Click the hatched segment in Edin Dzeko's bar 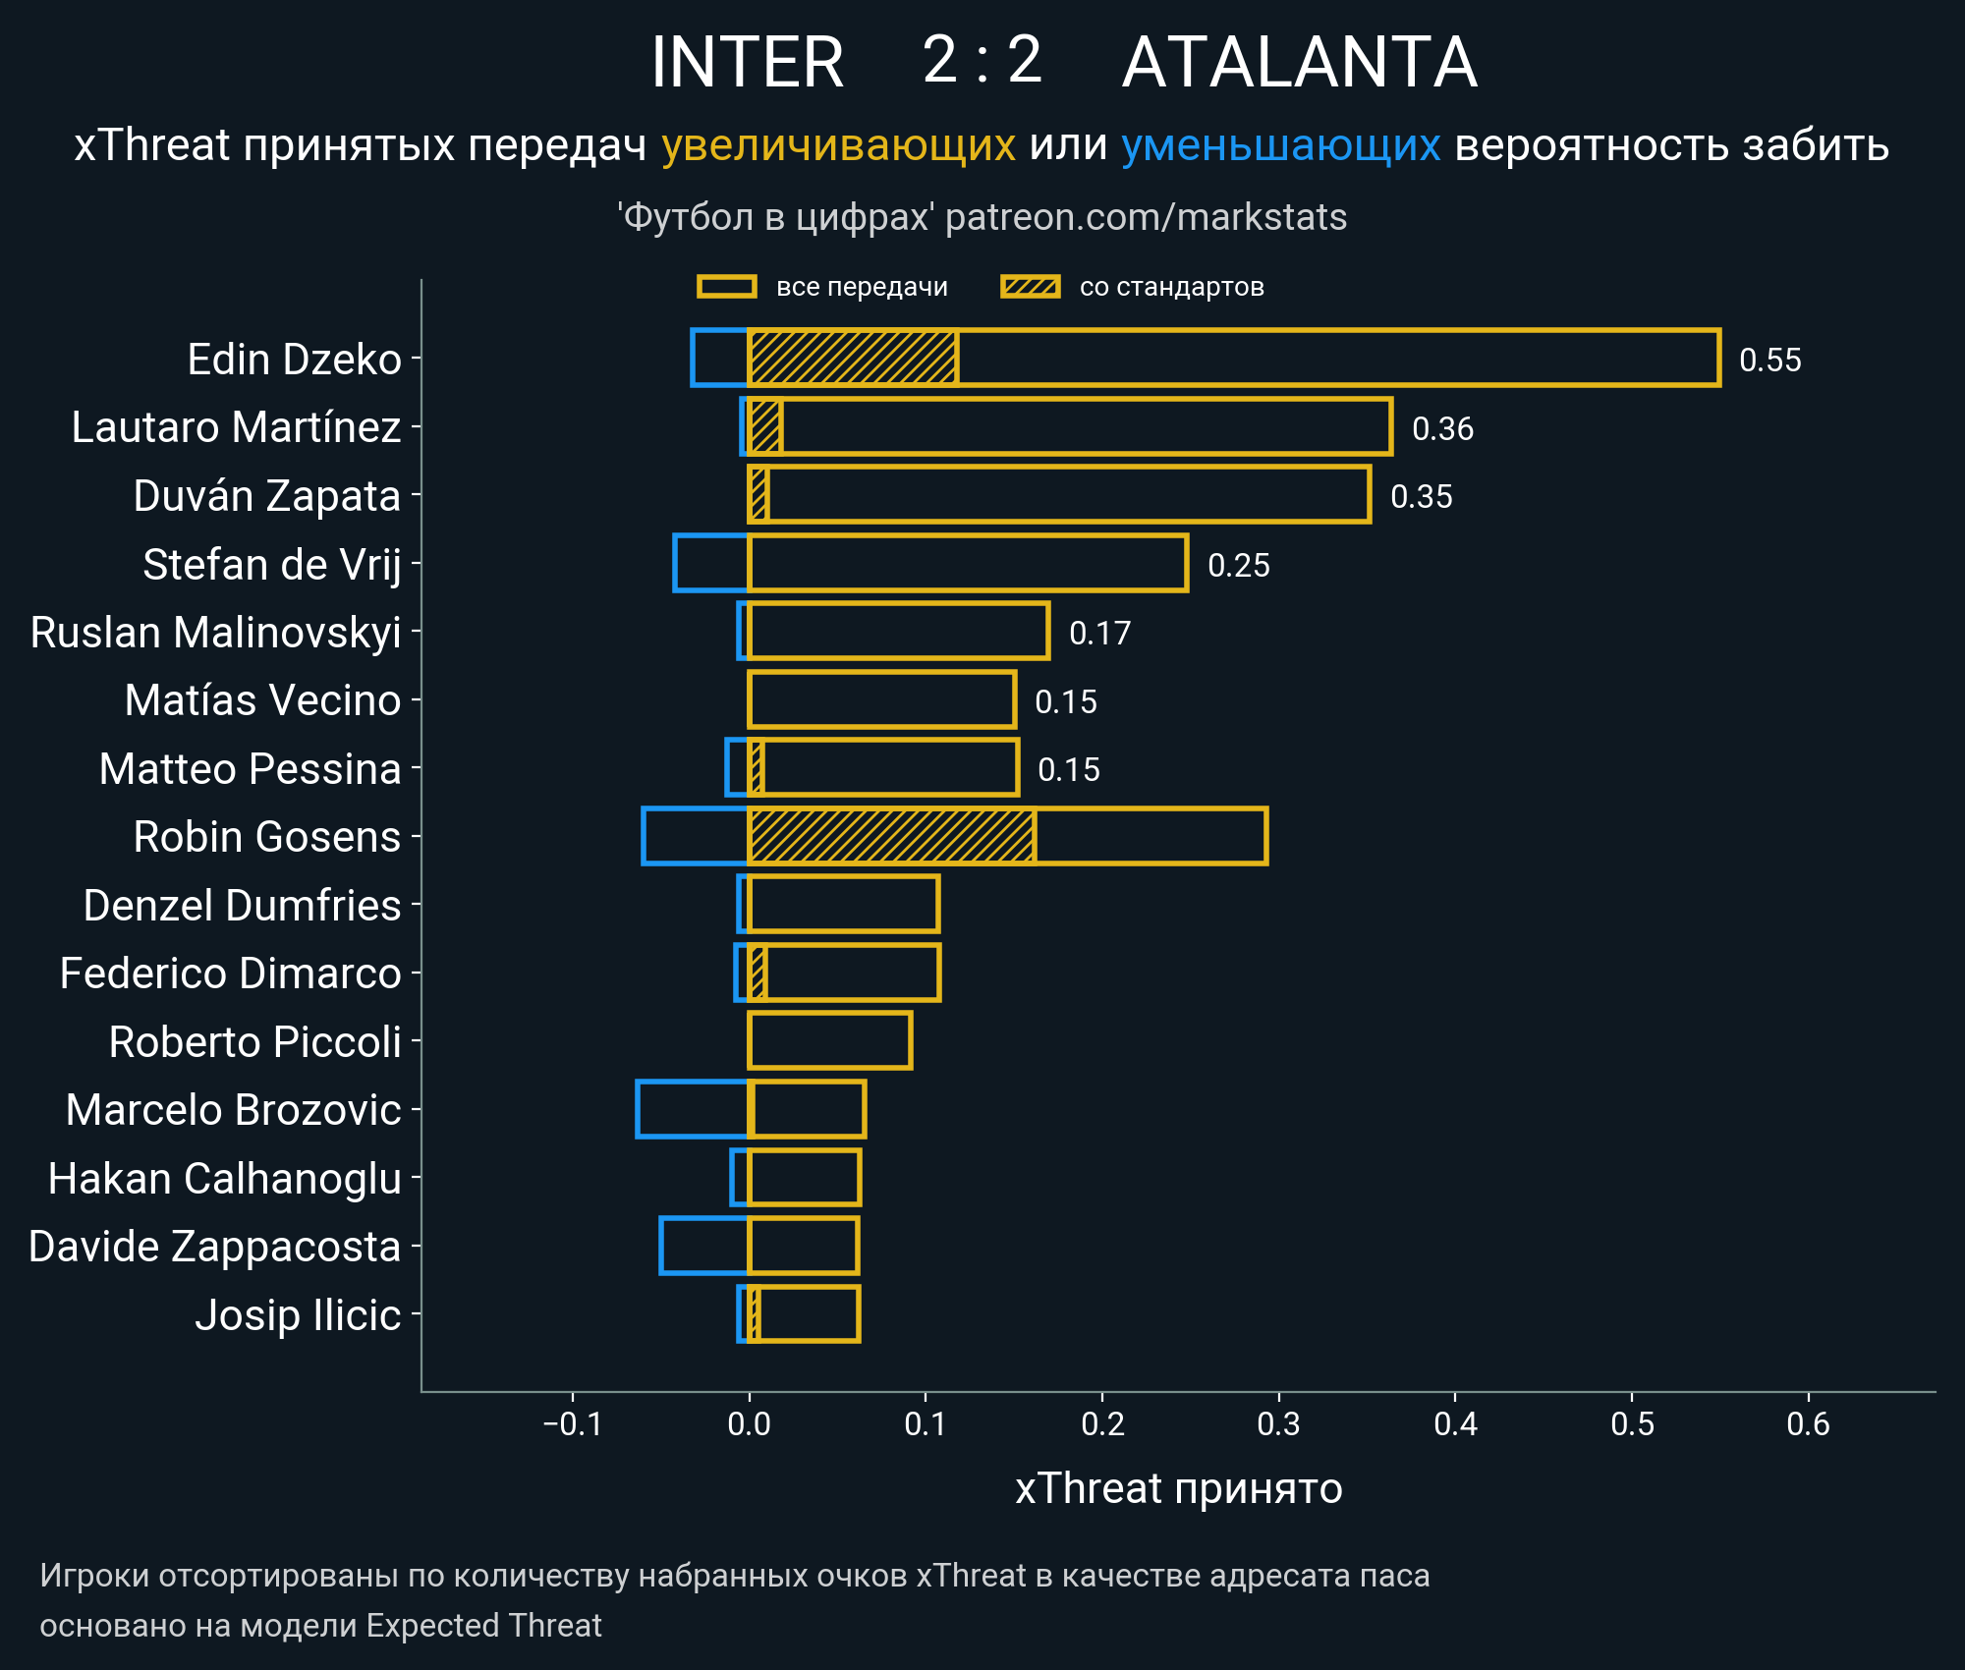pyautogui.click(x=853, y=358)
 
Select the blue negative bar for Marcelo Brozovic pyautogui.click(x=693, y=1109)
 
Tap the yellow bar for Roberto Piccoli pyautogui.click(x=830, y=1040)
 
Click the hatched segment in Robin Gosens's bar pyautogui.click(x=891, y=836)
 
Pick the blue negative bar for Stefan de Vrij pyautogui.click(x=711, y=563)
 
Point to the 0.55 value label pyautogui.click(x=1769, y=360)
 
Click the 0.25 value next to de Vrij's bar pyautogui.click(x=1238, y=565)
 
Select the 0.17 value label pyautogui.click(x=1099, y=633)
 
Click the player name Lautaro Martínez pyautogui.click(x=236, y=427)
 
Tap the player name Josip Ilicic pyautogui.click(x=298, y=1314)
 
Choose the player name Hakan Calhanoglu pyautogui.click(x=225, y=1178)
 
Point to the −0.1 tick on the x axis pyautogui.click(x=573, y=1423)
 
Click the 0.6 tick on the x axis pyautogui.click(x=1808, y=1423)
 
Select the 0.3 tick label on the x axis pyautogui.click(x=1278, y=1423)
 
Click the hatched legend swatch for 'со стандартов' pyautogui.click(x=1030, y=287)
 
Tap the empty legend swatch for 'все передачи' pyautogui.click(x=726, y=287)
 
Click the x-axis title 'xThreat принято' pyautogui.click(x=1178, y=1488)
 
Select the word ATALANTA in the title pyautogui.click(x=1299, y=63)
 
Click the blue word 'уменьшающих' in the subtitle pyautogui.click(x=1280, y=145)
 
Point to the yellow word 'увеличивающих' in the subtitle pyautogui.click(x=838, y=145)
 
